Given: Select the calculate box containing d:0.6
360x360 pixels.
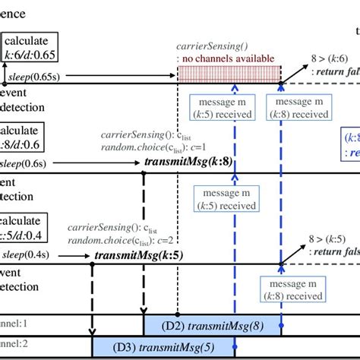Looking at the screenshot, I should (x=23, y=137).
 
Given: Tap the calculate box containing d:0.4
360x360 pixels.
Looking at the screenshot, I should (x=23, y=225).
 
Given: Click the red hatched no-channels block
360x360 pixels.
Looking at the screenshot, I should (x=228, y=74).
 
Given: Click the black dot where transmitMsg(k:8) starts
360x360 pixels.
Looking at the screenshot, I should (x=144, y=175).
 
